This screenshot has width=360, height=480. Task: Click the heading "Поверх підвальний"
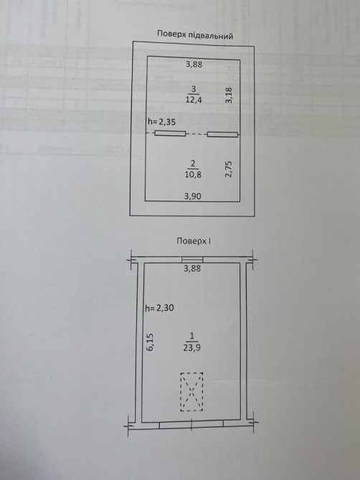click(195, 35)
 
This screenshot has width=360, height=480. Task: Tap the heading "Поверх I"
click(194, 241)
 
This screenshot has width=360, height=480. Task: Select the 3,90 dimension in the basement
click(193, 196)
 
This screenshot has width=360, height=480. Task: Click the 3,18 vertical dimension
click(229, 95)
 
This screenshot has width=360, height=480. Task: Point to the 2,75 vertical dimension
click(229, 169)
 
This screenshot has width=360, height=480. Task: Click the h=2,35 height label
click(161, 122)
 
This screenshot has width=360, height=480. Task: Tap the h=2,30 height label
click(159, 307)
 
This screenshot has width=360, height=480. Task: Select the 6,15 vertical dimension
click(150, 342)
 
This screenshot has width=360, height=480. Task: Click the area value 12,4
click(194, 100)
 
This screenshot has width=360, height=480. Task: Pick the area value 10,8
click(193, 175)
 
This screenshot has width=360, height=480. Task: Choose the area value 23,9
click(191, 347)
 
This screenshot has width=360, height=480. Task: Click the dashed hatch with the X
click(191, 392)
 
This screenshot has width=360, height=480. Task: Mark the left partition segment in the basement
click(171, 133)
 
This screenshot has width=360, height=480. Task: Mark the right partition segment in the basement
click(223, 134)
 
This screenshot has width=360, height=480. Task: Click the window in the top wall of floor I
click(192, 259)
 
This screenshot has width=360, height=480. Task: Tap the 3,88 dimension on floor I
click(192, 269)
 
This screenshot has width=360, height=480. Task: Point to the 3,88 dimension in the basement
click(194, 64)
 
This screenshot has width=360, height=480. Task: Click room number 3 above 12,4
click(194, 89)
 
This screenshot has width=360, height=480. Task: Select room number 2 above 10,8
click(193, 163)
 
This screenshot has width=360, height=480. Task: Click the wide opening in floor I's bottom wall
click(191, 424)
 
